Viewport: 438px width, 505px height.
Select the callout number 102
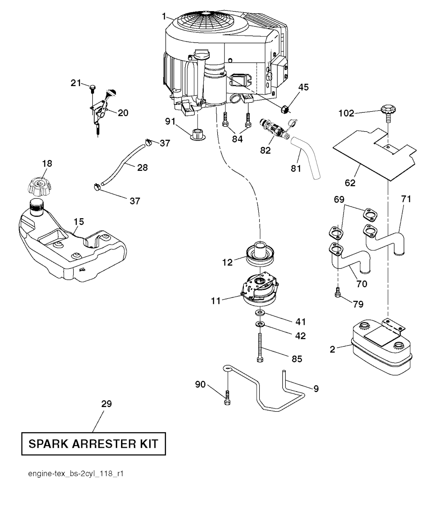[x=346, y=113]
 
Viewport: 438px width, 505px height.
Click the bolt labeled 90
[x=227, y=398]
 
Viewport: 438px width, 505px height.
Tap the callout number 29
[x=107, y=404]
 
